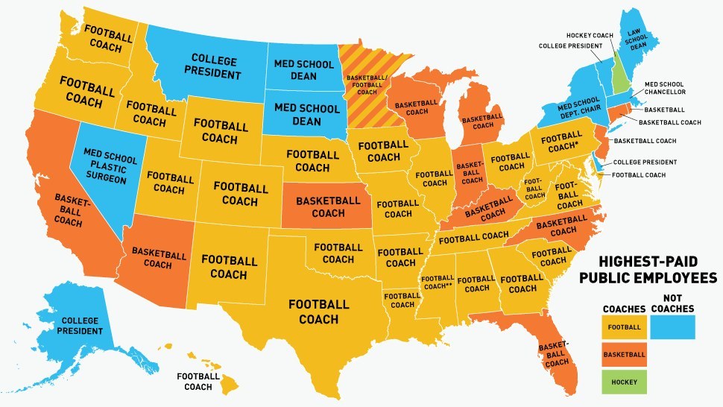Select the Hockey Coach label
[x=588, y=34]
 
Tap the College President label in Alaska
[x=71, y=326]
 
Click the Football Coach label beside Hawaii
[x=198, y=382]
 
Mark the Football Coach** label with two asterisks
[x=438, y=282]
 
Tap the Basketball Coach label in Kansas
[x=328, y=207]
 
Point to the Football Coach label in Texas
[x=318, y=312]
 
